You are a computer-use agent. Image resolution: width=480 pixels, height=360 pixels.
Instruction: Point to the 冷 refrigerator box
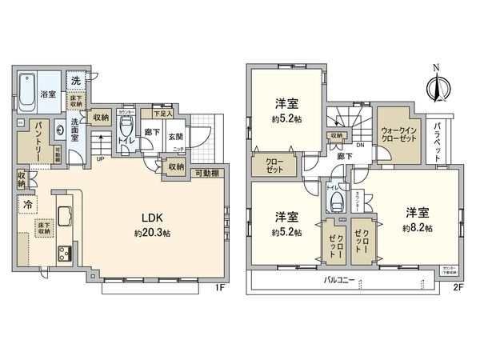pyautogui.click(x=26, y=203)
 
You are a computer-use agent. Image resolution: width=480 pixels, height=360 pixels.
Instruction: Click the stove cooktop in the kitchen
pyautogui.click(x=63, y=254)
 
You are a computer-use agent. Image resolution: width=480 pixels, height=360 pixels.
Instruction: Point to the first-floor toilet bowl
pyautogui.click(x=126, y=130)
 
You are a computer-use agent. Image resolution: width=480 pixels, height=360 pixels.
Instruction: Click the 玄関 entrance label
pyautogui.click(x=178, y=136)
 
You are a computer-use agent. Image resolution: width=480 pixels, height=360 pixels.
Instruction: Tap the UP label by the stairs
pyautogui.click(x=99, y=159)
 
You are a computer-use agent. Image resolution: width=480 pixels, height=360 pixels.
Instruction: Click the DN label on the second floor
pyautogui.click(x=360, y=145)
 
